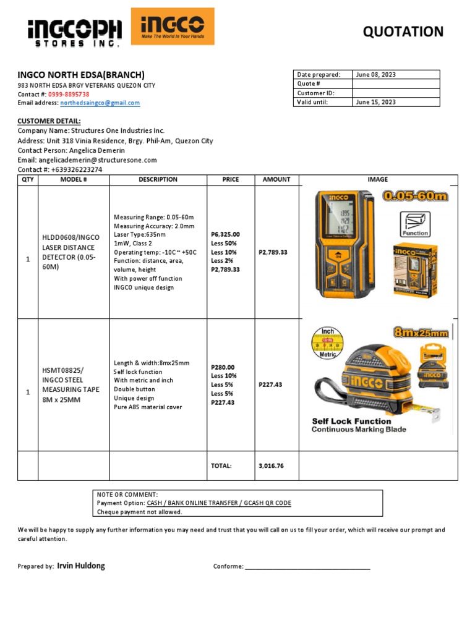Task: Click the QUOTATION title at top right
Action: tap(403, 32)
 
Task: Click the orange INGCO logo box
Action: tap(173, 27)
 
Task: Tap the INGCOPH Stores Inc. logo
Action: tap(74, 32)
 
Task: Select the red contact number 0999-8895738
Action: tap(73, 94)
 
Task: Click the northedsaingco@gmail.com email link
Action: tap(104, 103)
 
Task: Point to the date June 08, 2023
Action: tap(375, 75)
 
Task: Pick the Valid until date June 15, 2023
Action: tap(375, 103)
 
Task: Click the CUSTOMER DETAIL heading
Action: tap(49, 121)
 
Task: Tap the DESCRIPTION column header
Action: tap(158, 180)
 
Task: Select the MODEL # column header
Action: tap(74, 180)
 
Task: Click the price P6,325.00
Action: tap(225, 234)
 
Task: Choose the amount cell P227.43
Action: tap(270, 384)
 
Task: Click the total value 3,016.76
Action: tap(271, 466)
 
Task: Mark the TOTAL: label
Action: tap(221, 466)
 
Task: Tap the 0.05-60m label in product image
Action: tap(414, 197)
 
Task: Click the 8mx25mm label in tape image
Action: tap(421, 333)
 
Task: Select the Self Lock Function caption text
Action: tap(351, 421)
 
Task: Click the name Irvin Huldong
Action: tap(80, 566)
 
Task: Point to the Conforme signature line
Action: tap(307, 567)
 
